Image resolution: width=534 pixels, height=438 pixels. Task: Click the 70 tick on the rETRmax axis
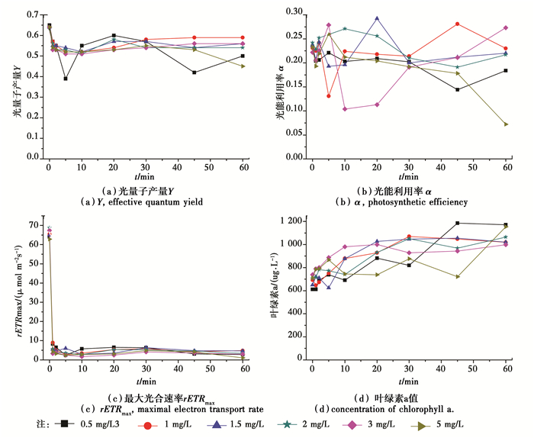(35, 226)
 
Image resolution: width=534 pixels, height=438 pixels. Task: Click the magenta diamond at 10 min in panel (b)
(345, 109)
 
